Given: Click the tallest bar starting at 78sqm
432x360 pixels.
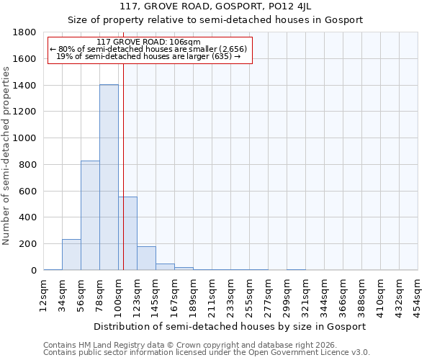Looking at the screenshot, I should pyautogui.click(x=109, y=177).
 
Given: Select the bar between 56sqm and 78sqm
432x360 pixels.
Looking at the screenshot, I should pyautogui.click(x=90, y=215).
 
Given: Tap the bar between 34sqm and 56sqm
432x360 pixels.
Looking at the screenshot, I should pyautogui.click(x=71, y=254).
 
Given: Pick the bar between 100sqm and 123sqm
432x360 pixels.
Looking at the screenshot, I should pyautogui.click(x=127, y=233).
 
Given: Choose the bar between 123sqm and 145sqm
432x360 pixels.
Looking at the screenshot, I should pyautogui.click(x=146, y=258).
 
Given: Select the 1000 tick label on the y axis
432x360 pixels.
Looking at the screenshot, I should pyautogui.click(x=25, y=138).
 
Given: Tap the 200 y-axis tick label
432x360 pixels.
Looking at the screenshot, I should pyautogui.click(x=28, y=244).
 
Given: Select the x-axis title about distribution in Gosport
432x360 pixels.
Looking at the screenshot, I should pyautogui.click(x=230, y=326).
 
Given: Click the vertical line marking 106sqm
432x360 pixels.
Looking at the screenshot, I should pyautogui.click(x=123, y=180).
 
